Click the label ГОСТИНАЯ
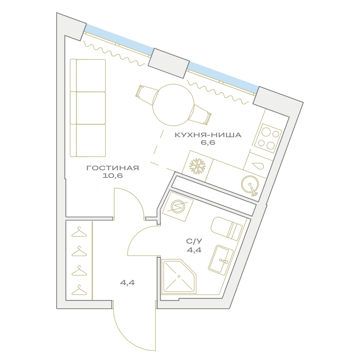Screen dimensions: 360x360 pos(113,168)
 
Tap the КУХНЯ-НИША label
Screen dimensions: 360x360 pos(208,135)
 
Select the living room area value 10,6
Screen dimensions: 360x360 pos(112,176)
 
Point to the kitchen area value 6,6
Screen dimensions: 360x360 pos(208,143)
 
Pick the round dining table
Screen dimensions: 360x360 pos(174,105)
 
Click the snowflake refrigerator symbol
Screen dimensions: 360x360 pos(197,166)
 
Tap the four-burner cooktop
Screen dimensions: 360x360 pos(268,139)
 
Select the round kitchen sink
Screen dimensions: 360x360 pos(250,185)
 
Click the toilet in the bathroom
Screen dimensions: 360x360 pos(226,228)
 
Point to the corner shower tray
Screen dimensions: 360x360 pos(179,276)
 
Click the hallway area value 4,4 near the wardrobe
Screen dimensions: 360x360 pos(127,283)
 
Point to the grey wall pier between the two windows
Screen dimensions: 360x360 pos(168,63)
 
